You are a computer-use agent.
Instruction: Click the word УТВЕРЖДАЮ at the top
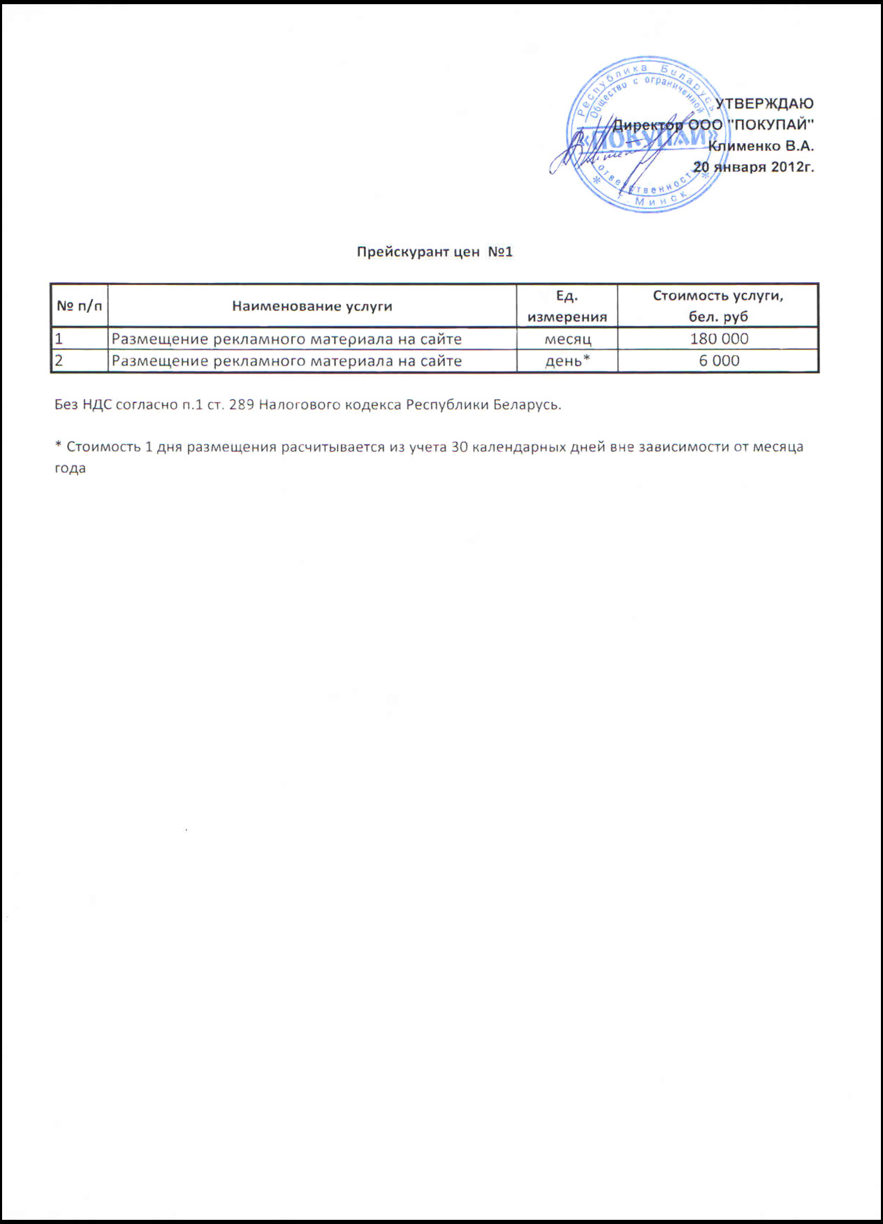point(765,103)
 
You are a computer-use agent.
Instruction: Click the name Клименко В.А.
point(761,146)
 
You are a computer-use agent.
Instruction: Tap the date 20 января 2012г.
point(754,167)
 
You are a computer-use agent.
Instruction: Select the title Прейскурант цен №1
point(435,252)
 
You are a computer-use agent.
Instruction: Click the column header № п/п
point(79,306)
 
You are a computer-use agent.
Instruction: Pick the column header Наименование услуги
point(312,306)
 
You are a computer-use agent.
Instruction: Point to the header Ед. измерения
point(567,306)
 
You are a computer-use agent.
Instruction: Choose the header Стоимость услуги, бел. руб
point(718,306)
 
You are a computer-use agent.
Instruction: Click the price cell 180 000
point(719,339)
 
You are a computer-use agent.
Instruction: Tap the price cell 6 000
point(719,360)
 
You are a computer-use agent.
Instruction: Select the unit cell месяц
point(567,340)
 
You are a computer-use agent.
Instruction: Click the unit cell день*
point(567,361)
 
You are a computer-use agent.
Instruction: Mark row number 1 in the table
point(59,340)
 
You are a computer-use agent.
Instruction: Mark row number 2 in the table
point(59,361)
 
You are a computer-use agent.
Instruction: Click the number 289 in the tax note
point(241,405)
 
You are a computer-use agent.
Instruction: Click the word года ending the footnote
point(70,468)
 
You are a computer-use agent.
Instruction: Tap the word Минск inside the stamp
point(659,200)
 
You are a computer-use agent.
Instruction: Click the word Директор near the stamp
point(648,125)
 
